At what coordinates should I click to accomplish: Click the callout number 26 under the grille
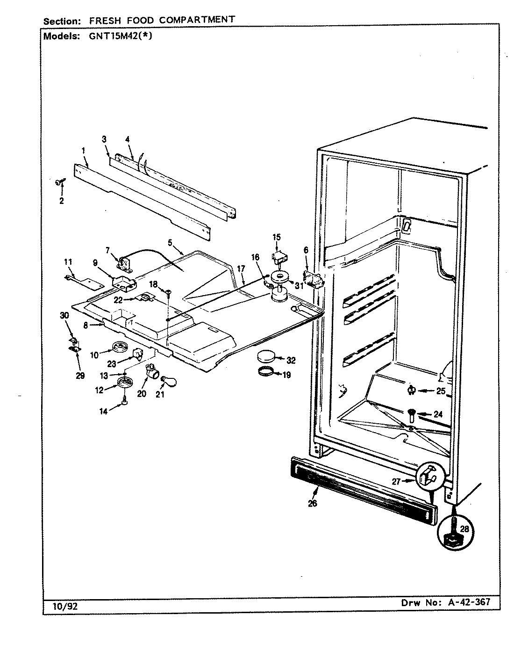pos(312,503)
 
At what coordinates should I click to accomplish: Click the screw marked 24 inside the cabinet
pos(410,413)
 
